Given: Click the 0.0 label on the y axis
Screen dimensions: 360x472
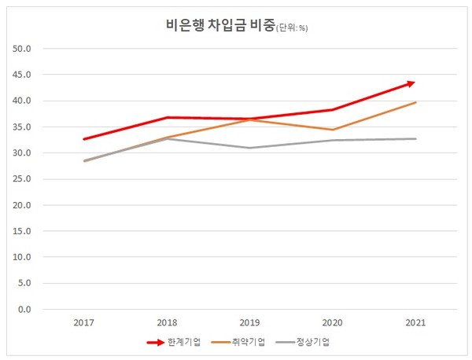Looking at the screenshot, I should click(24, 309).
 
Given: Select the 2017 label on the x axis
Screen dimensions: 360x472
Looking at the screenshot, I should click(83, 322).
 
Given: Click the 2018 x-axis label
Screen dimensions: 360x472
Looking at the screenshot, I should click(167, 322).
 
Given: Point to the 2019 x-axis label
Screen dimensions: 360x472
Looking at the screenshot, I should click(249, 322).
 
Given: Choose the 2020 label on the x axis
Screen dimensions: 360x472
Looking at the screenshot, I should click(333, 322).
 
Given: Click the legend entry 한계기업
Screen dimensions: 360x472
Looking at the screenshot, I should click(184, 342).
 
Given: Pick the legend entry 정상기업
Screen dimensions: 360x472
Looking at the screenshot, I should click(313, 342).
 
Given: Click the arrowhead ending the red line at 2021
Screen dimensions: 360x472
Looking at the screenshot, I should click(413, 82).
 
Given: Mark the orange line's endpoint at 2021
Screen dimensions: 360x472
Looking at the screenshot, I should click(416, 102).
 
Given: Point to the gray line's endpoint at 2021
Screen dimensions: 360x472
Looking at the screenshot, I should click(416, 138).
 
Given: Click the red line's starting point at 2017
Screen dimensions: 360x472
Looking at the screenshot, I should click(83, 139).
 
